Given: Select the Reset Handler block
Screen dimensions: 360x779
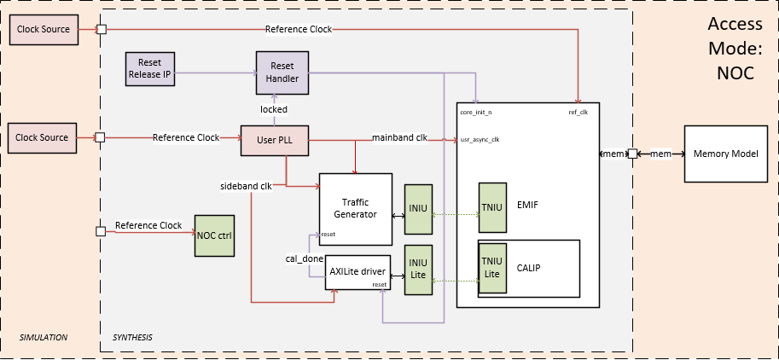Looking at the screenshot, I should (282, 72).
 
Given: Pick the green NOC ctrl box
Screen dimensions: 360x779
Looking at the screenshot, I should (213, 235).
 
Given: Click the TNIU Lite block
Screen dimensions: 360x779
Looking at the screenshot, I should (492, 267).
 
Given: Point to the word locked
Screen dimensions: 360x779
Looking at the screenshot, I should (274, 109).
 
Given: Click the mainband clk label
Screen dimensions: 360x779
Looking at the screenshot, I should (399, 137).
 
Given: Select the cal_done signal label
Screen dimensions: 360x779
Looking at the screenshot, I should (303, 258).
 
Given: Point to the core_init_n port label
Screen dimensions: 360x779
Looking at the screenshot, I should (476, 112).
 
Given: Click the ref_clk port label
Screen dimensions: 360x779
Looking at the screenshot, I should (578, 112).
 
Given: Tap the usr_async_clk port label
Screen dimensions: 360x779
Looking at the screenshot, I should (480, 140).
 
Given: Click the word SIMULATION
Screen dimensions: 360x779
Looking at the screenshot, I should (43, 338).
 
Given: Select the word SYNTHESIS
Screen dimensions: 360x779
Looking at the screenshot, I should (132, 338).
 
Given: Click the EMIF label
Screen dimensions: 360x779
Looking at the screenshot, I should (527, 206).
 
